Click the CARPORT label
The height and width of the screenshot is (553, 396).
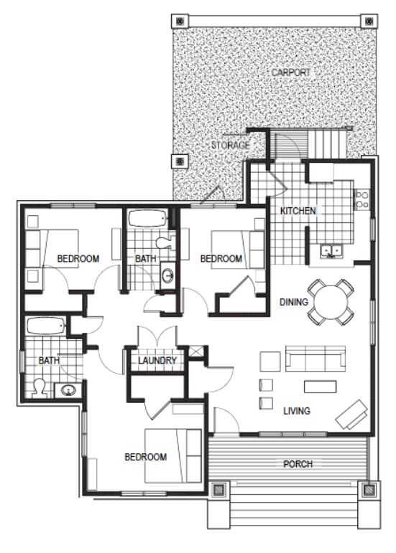291,72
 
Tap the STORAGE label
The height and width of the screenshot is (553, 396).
231,145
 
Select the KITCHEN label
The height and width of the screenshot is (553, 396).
298,211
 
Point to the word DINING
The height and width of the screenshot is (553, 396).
293,302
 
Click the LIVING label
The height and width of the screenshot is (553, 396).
297,411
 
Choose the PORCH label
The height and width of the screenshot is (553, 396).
298,464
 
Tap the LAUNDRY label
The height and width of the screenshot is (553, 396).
157,361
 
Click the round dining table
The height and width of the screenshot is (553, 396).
331,302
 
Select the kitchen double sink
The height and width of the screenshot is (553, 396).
331,252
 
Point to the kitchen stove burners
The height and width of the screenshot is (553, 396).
362,199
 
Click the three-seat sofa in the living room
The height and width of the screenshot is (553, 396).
316,359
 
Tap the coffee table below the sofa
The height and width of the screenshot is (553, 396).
320,387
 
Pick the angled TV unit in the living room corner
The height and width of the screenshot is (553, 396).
351,415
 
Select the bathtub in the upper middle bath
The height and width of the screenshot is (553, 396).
147,219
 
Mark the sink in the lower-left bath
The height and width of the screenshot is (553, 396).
68,390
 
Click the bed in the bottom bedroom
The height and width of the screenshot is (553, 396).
173,455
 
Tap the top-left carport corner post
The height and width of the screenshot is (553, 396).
180,22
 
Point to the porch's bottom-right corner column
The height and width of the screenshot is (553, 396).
369,489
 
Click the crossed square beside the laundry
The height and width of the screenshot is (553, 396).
196,351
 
